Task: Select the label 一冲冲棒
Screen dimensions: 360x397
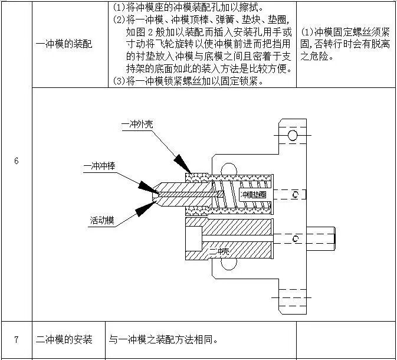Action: [x=99, y=167]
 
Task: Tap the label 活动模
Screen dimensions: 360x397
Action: [x=102, y=221]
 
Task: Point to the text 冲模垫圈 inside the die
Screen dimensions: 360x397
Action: [x=253, y=194]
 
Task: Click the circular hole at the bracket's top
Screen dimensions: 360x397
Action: [x=293, y=136]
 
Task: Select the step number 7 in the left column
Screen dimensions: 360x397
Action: [x=17, y=339]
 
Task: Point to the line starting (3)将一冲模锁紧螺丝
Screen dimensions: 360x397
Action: [x=188, y=81]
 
